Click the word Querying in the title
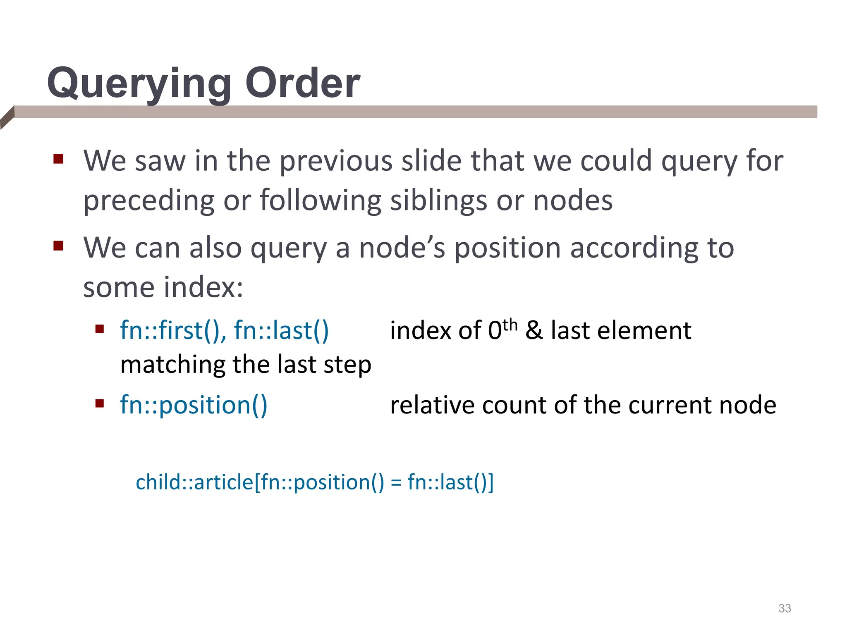[x=139, y=84]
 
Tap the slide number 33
[x=785, y=608]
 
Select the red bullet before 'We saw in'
[x=58, y=159]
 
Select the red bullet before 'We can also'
[x=58, y=246]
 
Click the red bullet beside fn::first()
[x=99, y=329]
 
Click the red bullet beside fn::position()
[x=99, y=403]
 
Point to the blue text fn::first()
[x=173, y=330]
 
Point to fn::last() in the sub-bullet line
[x=281, y=330]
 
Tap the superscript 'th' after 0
[x=510, y=325]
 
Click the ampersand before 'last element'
[x=534, y=330]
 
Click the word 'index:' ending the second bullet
[x=203, y=287]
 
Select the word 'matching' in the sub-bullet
[x=172, y=365]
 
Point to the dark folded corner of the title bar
[x=7, y=118]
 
